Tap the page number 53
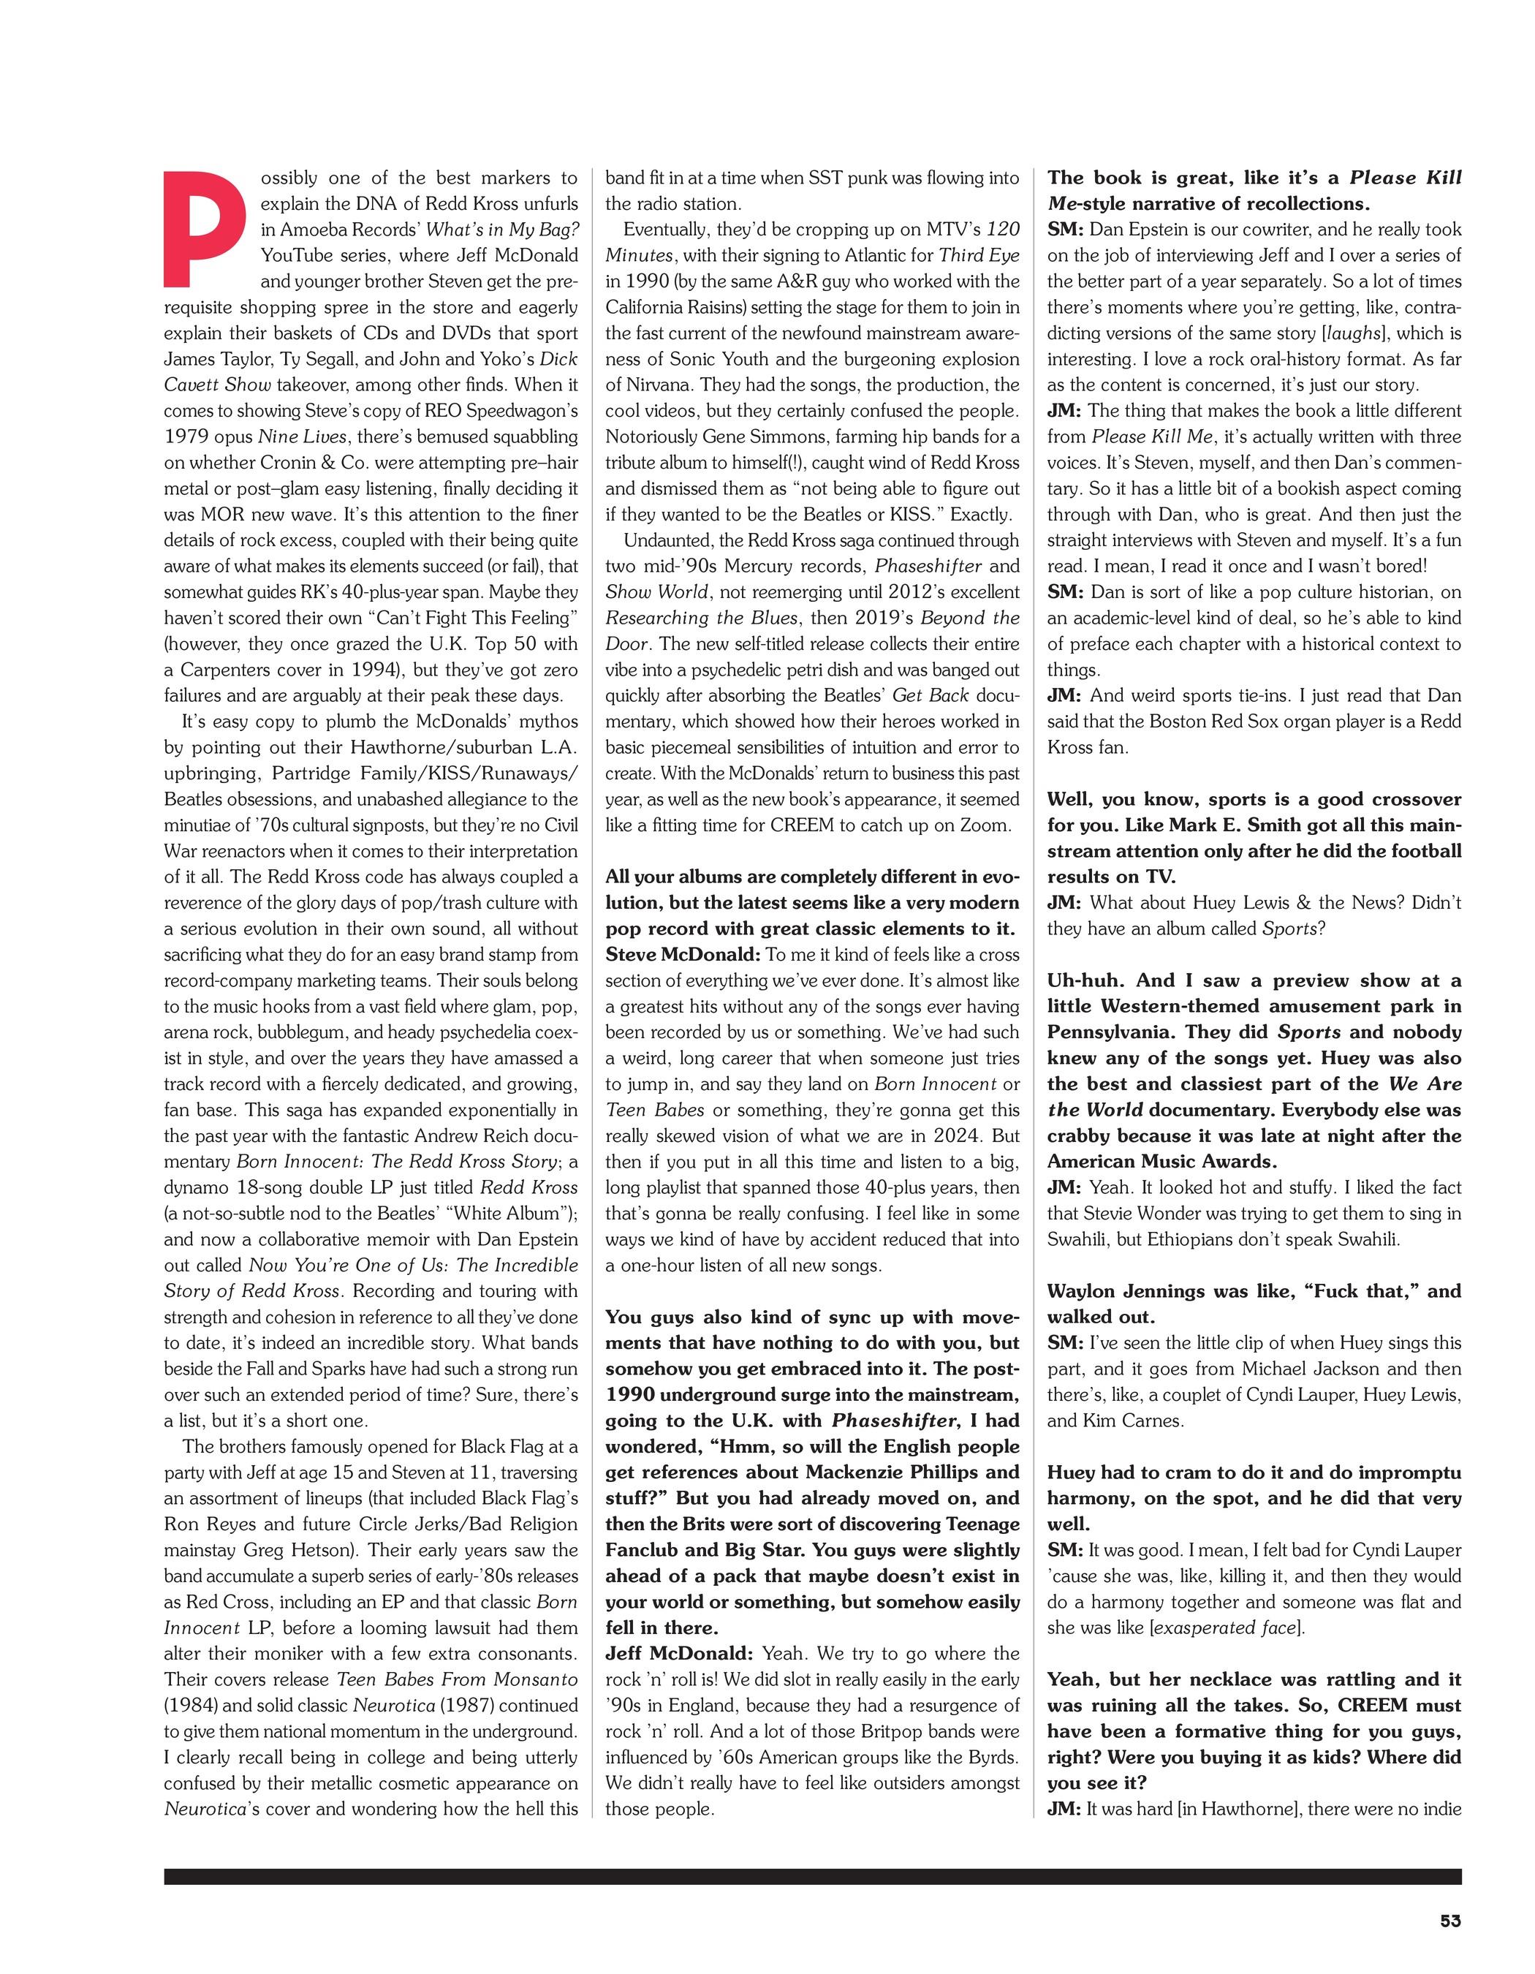[x=1450, y=1917]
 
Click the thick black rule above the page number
[x=812, y=1876]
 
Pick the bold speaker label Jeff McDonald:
[x=678, y=1653]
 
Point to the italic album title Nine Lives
[x=302, y=436]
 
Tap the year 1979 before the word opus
[x=187, y=436]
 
